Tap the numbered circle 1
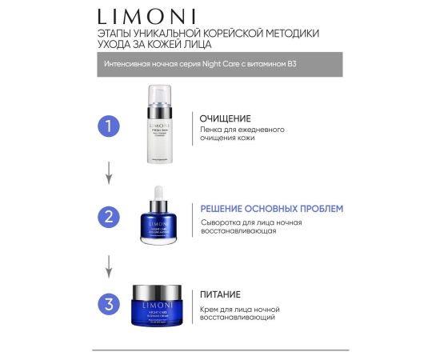[x=110, y=127]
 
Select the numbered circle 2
[x=110, y=216]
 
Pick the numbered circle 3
[x=110, y=303]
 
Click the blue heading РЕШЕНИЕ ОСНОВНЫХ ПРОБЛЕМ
[x=271, y=209]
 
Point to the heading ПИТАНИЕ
[x=221, y=294]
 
